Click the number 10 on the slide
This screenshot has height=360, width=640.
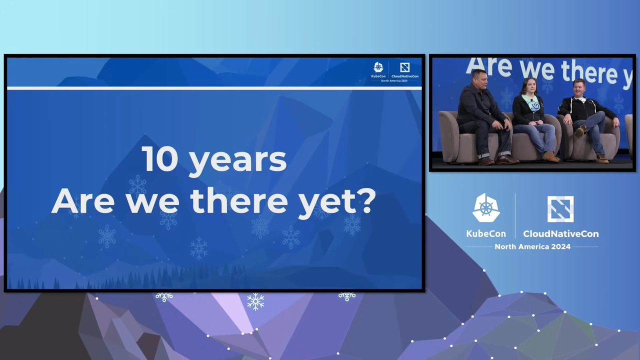click(159, 159)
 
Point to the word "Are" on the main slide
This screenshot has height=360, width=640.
click(83, 200)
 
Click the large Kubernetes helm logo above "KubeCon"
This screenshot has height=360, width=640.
click(486, 207)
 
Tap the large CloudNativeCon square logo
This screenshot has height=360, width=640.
click(560, 209)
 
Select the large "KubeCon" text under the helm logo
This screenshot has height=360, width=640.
click(486, 233)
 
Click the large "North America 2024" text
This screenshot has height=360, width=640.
click(532, 246)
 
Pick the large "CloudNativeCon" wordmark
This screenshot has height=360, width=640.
click(561, 233)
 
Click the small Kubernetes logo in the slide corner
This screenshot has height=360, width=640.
click(378, 67)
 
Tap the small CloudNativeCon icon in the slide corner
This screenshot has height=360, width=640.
click(405, 67)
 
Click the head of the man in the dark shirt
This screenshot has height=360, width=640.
click(480, 79)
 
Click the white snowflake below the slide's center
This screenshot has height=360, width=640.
click(255, 301)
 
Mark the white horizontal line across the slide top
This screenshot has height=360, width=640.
click(214, 88)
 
